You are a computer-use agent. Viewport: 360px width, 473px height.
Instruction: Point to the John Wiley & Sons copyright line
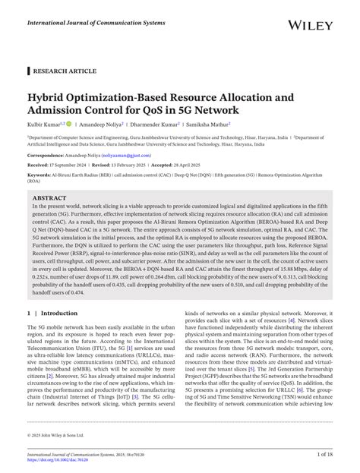tap(58, 435)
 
